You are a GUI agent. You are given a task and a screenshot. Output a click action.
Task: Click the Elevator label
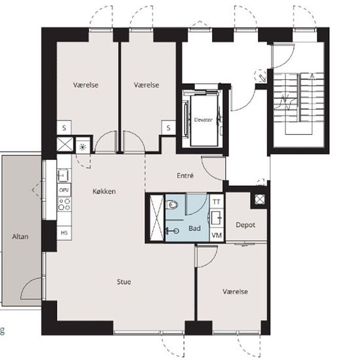pos(203,120)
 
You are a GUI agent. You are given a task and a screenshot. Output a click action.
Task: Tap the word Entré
pos(185,175)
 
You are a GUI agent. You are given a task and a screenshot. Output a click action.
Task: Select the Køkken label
pos(104,191)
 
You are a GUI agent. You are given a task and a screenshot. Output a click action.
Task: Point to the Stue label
pos(124,281)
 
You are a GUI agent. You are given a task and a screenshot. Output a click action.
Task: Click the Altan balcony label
pos(20,236)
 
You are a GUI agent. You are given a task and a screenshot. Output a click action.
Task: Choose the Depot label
pos(245,225)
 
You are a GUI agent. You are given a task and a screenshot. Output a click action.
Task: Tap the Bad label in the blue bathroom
pos(194,228)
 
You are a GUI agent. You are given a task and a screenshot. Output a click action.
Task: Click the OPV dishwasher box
pos(64,190)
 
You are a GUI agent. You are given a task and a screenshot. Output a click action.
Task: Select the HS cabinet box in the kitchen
pos(64,233)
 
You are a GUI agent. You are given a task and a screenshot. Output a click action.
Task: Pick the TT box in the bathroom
pos(217,202)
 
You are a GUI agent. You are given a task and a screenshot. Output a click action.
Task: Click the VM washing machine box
pos(217,235)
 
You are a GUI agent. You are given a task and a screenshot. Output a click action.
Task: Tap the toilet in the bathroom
pos(171,204)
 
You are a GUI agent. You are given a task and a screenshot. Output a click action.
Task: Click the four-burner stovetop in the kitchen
pos(64,204)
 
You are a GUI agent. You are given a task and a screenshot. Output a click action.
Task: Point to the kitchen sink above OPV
pos(63,175)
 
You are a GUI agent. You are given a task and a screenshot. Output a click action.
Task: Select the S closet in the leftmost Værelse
pos(64,128)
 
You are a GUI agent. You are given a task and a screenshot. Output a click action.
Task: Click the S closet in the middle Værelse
pos(168,128)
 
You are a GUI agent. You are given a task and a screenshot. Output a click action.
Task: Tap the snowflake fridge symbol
pos(82,147)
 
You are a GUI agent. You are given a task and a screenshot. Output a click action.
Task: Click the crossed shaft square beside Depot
pos(260,199)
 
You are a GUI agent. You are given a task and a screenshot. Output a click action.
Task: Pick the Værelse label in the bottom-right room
pos(235,291)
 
